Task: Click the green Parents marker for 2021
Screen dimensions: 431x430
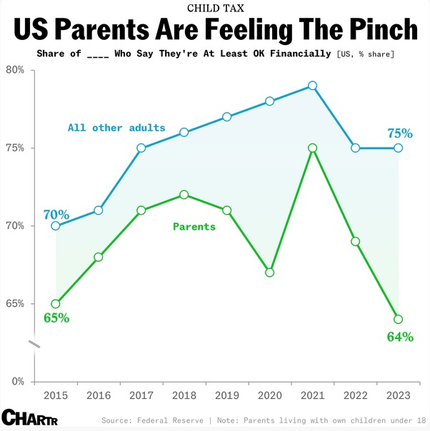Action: pos(312,148)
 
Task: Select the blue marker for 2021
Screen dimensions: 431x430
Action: pos(312,86)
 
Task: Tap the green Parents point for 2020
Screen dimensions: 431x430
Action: pos(269,272)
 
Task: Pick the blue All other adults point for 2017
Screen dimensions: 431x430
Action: pos(141,148)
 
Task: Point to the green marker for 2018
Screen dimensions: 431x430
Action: pos(184,194)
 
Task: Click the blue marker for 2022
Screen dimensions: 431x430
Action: pos(355,148)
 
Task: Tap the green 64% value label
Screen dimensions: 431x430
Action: pos(399,336)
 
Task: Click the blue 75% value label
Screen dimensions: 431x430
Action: pos(399,133)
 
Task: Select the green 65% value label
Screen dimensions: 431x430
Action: pos(56,318)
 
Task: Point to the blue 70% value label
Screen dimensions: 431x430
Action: pos(56,214)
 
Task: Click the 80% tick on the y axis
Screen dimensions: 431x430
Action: pos(15,70)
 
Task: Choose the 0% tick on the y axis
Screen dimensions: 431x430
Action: pos(17,381)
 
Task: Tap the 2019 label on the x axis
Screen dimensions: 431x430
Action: pos(226,395)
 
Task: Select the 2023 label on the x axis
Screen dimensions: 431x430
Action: pos(398,395)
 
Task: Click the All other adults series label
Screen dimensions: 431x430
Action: pos(116,128)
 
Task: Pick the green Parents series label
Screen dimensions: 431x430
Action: pos(194,226)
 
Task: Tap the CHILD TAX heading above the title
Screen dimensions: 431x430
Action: pos(214,8)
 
